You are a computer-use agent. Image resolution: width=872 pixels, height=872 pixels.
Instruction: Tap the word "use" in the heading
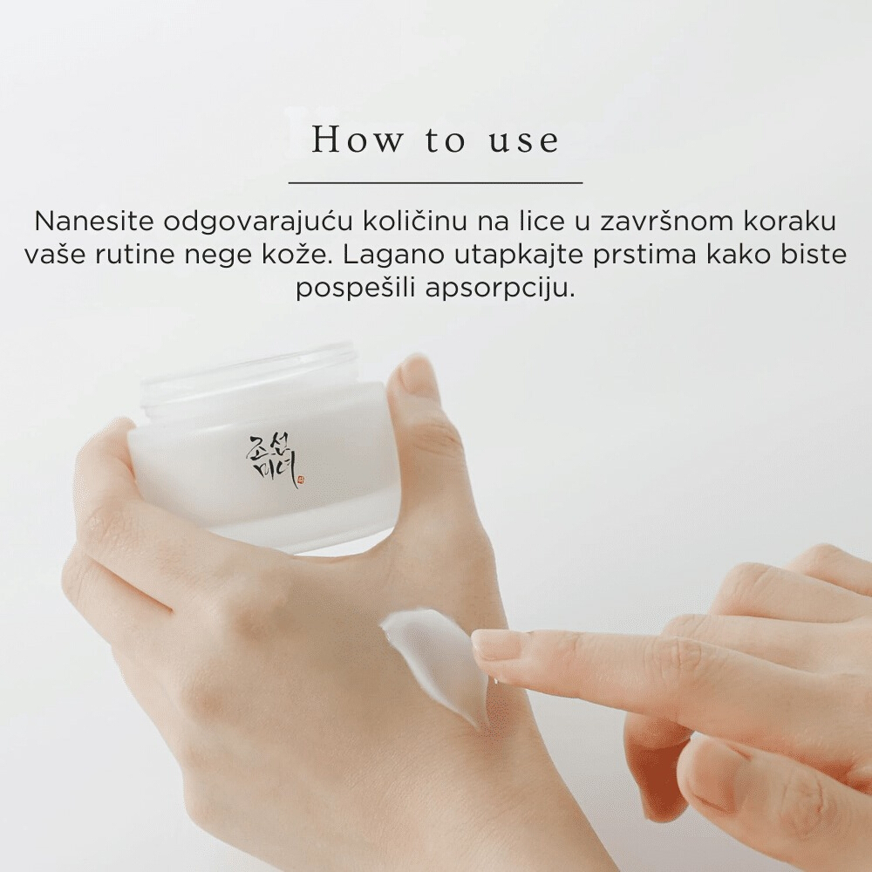[x=523, y=140]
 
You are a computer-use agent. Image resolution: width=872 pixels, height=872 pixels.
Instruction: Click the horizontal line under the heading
[x=435, y=183]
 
